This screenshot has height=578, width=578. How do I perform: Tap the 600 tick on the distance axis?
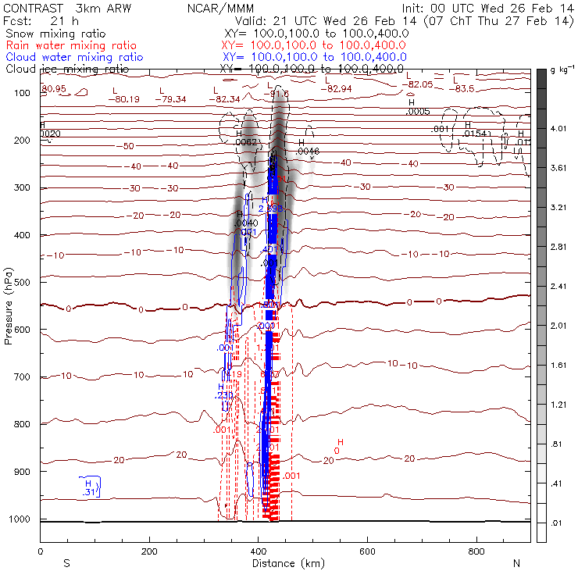(367, 551)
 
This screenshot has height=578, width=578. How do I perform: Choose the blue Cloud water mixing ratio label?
(73, 57)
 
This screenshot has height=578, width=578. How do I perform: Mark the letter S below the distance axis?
(66, 563)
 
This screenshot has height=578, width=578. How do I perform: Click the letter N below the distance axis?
(516, 563)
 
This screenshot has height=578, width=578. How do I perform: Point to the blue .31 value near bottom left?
(89, 492)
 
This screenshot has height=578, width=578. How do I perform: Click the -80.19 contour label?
(124, 99)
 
